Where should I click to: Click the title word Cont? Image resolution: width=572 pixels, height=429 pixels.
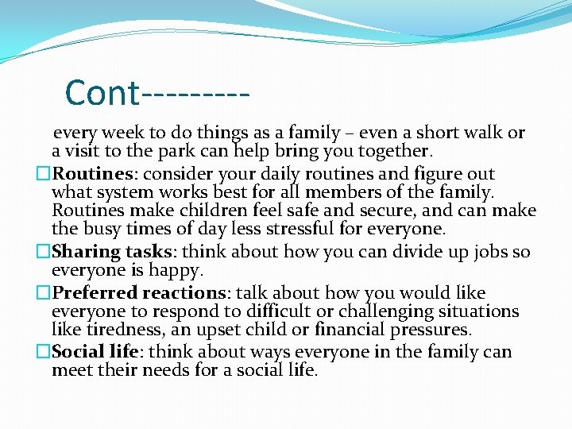(x=102, y=93)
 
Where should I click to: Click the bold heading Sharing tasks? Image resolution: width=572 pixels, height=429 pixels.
(x=116, y=252)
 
